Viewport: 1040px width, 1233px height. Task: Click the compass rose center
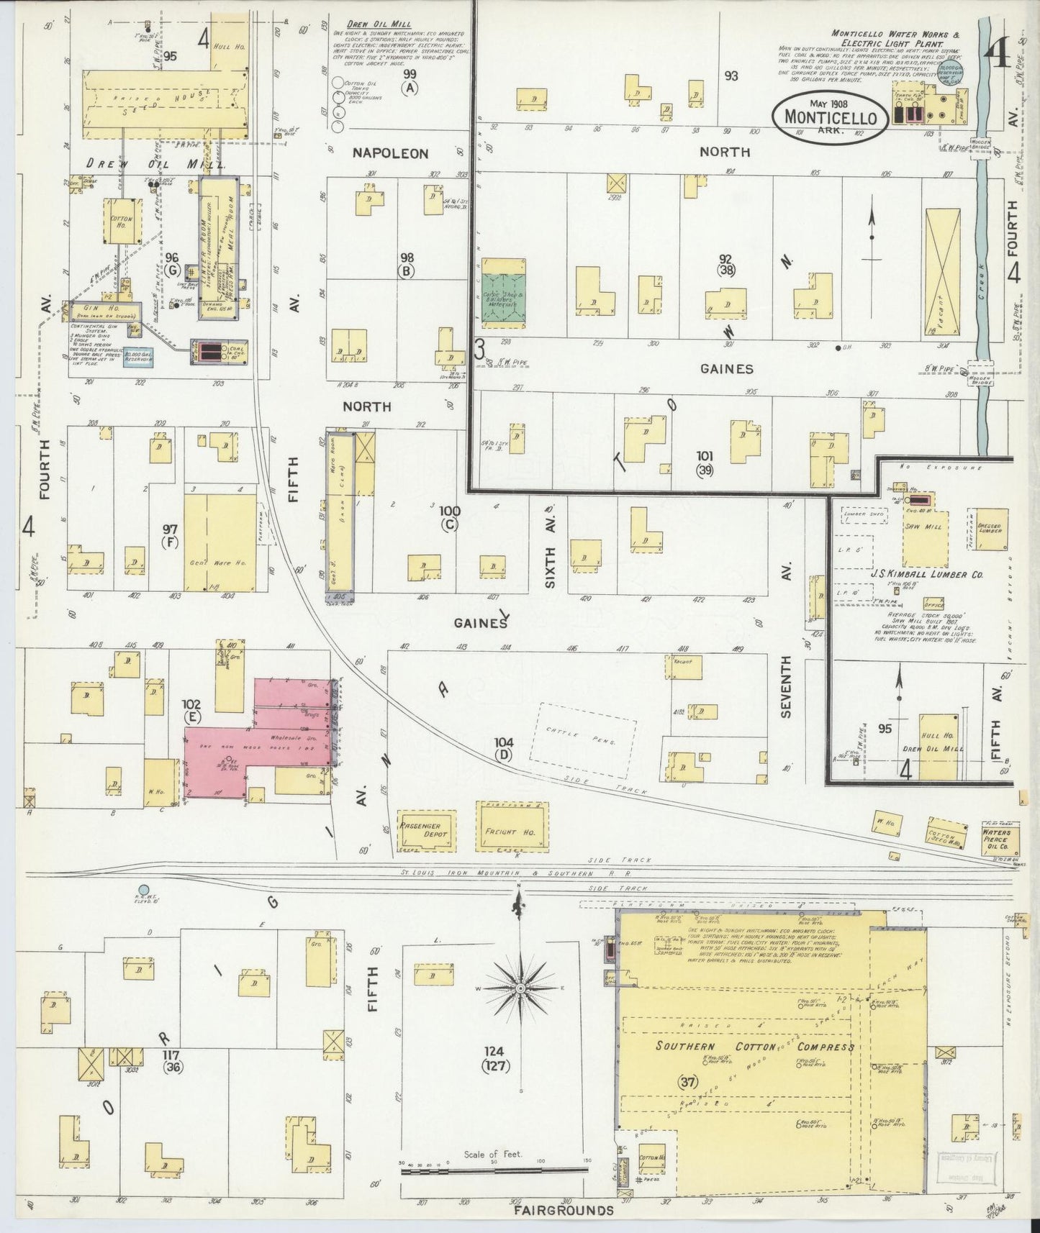(x=520, y=990)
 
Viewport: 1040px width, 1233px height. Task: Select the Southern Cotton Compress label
(x=754, y=1046)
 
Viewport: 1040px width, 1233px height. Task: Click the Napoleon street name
(x=390, y=153)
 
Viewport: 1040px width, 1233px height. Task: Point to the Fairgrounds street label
(x=564, y=1210)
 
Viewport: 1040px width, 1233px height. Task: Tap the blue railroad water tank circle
(x=144, y=890)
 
